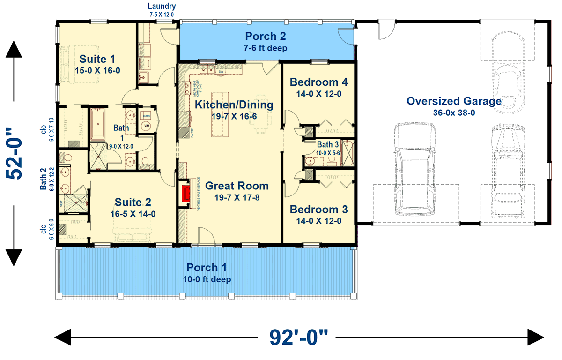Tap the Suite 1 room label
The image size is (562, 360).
pyautogui.click(x=97, y=59)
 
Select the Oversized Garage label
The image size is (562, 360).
pyautogui.click(x=454, y=101)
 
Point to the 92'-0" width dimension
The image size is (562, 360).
pyautogui.click(x=299, y=337)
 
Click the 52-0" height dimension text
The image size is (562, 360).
pyautogui.click(x=16, y=153)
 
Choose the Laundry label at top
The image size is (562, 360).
pyautogui.click(x=162, y=6)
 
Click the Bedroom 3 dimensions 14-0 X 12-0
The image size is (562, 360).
pyautogui.click(x=318, y=221)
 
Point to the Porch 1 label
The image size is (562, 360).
pyautogui.click(x=207, y=268)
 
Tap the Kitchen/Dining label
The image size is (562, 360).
pyautogui.click(x=234, y=105)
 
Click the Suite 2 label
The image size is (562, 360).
pyautogui.click(x=133, y=202)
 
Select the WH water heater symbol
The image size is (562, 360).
pyautogui.click(x=147, y=126)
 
